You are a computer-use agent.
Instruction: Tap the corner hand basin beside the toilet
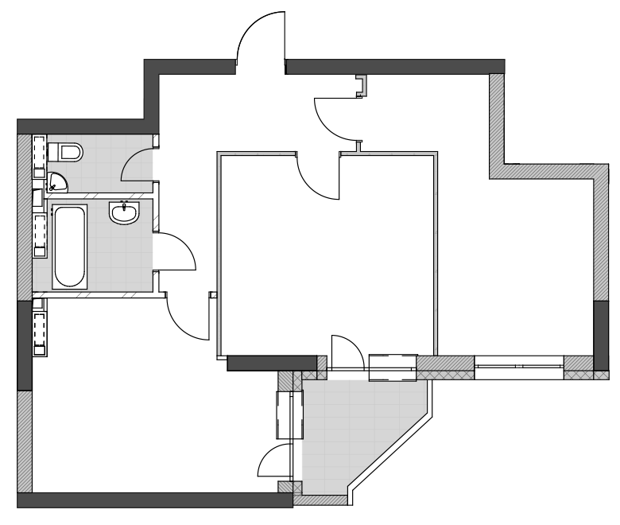point(56,182)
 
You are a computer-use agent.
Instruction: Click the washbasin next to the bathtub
point(124,212)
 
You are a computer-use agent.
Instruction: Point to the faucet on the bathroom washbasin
point(124,205)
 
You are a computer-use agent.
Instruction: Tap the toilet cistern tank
point(53,151)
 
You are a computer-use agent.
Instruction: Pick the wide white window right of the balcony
point(518,367)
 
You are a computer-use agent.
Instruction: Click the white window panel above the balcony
point(393,368)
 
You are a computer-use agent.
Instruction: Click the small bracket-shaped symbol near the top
point(362,85)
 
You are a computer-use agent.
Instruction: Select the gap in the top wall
point(261,67)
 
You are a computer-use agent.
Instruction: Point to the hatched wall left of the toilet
point(25,215)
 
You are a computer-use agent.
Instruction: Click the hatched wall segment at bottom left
point(25,441)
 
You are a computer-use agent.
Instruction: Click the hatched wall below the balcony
point(320,500)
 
